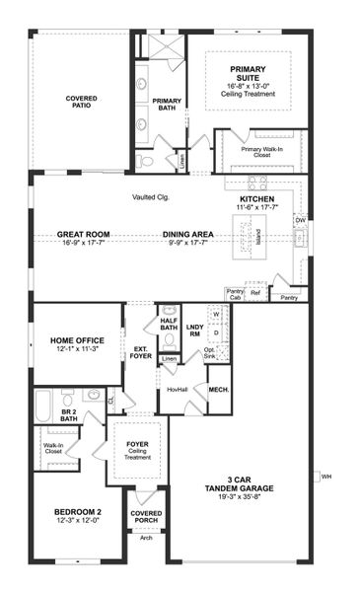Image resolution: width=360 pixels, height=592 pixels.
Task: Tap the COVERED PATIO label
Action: coord(81,103)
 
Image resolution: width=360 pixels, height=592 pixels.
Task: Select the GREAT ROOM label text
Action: coord(83,235)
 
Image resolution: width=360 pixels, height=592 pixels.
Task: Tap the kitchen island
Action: coord(240,237)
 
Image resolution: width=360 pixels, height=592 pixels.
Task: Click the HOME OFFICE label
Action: coord(77,341)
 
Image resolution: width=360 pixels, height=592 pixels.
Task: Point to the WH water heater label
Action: coord(326,477)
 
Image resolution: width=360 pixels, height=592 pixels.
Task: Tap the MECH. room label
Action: coord(219,391)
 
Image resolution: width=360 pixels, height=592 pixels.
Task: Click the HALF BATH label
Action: coord(169,324)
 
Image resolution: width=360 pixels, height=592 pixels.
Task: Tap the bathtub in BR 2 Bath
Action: coord(42,407)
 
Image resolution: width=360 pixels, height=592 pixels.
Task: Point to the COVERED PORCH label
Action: coord(146,517)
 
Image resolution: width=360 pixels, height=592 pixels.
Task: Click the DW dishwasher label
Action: coord(300,219)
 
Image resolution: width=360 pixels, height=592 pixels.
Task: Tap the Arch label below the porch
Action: coord(146,538)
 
